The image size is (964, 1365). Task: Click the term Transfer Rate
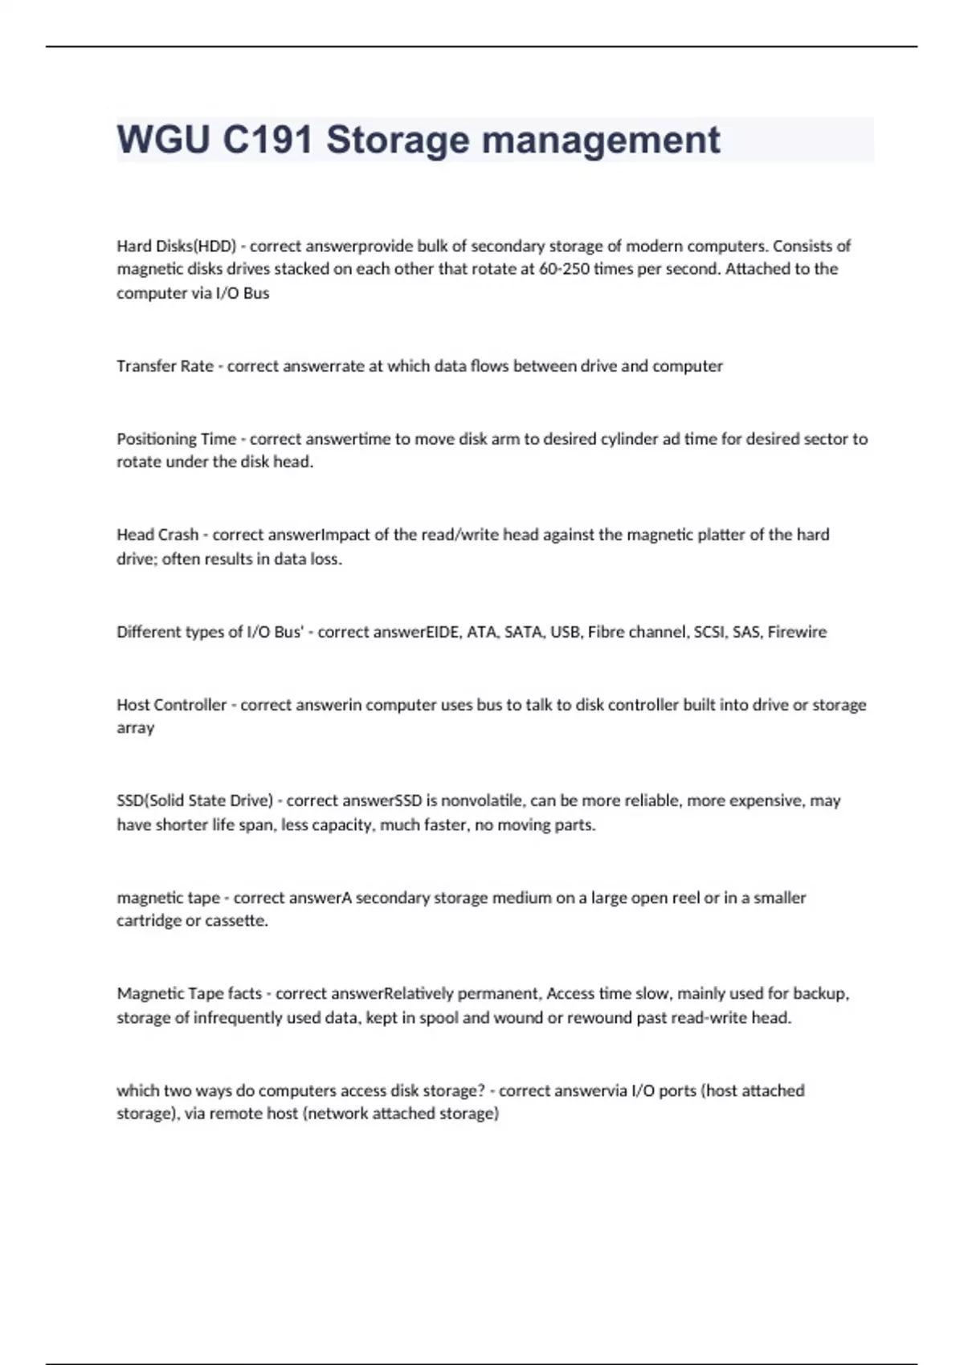coord(165,366)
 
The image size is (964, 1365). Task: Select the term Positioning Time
coord(176,439)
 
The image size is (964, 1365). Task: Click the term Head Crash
coord(157,535)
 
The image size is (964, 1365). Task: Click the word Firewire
coord(797,632)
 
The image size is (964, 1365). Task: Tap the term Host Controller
coord(172,705)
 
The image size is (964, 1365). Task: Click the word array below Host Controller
coord(135,728)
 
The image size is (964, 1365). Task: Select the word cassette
coord(238,921)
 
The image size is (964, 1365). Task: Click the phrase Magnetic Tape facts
coord(189,994)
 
